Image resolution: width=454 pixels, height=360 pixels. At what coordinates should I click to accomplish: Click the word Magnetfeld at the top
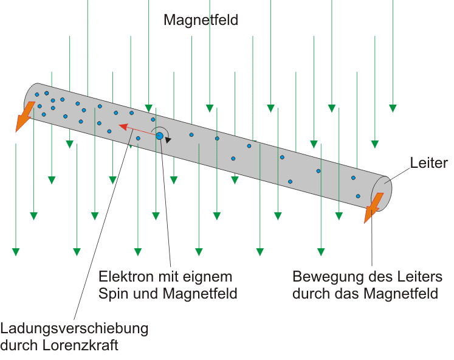pyautogui.click(x=201, y=20)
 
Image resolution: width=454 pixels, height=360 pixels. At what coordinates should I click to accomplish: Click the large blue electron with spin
pyautogui.click(x=160, y=136)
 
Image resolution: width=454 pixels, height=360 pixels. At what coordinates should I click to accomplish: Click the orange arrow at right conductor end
pyautogui.click(x=373, y=207)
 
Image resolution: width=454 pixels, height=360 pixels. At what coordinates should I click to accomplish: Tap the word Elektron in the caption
pyautogui.click(x=122, y=276)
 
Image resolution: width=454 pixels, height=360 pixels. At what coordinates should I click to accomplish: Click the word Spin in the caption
pyautogui.click(x=112, y=293)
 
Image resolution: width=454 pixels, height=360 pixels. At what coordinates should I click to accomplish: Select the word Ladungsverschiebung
pyautogui.click(x=74, y=328)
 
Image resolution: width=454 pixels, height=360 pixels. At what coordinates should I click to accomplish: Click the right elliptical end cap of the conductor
pyautogui.click(x=387, y=193)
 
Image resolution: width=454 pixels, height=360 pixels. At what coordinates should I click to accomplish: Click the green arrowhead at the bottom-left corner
pyautogui.click(x=16, y=251)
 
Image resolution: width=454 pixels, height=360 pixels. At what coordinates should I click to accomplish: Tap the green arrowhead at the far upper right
pyautogui.click(x=393, y=108)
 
